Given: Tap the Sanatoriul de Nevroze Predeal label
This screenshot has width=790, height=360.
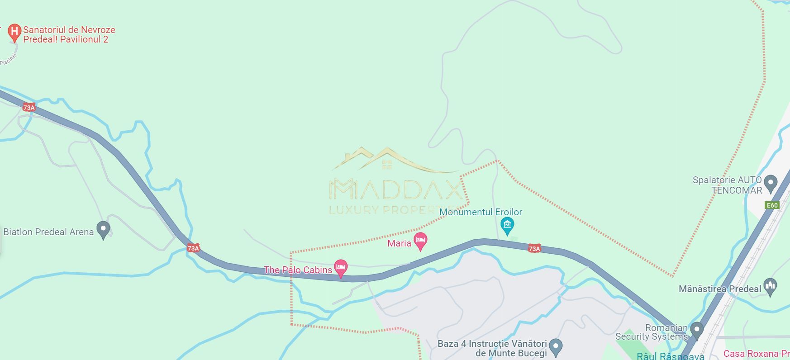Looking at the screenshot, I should [x=69, y=35].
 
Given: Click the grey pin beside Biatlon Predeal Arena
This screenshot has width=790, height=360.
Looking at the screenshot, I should [x=104, y=229].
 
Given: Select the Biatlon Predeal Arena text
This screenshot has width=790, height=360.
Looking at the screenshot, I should [x=48, y=232].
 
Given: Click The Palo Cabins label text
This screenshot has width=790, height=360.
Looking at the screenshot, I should [x=298, y=270].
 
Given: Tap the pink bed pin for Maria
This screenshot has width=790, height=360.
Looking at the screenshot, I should [x=420, y=241].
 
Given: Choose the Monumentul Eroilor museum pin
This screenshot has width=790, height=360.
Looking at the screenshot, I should [x=507, y=225].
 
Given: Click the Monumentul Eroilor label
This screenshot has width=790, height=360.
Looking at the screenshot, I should [x=481, y=212].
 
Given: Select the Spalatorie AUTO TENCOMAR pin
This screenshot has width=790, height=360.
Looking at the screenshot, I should [x=770, y=184].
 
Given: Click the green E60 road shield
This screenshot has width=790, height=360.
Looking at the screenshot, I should [x=772, y=205].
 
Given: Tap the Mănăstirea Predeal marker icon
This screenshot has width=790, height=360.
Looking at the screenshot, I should [x=770, y=286].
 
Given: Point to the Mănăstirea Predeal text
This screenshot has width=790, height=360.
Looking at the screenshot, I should [x=720, y=289].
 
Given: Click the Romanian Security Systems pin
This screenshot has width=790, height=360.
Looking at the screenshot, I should [x=697, y=330].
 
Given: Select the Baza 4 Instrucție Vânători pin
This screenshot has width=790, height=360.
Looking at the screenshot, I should [x=556, y=347].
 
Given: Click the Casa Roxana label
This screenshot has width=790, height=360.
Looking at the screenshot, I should [x=756, y=354].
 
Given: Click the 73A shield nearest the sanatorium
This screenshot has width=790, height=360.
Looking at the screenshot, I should [x=29, y=108].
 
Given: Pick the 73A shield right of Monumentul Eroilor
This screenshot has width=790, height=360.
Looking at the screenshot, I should [x=534, y=248].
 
